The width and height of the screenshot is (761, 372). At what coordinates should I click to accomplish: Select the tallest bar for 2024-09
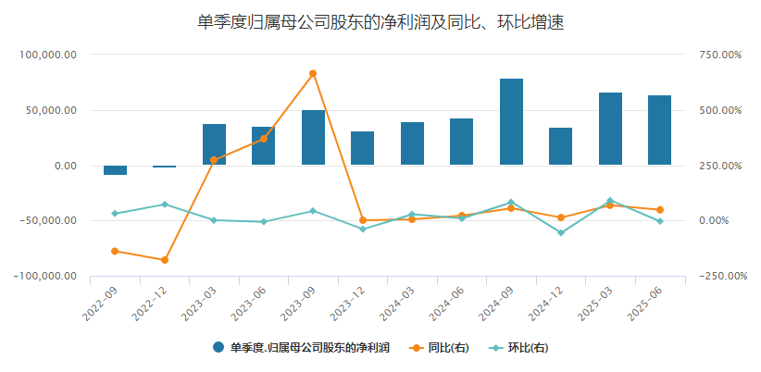click(511, 121)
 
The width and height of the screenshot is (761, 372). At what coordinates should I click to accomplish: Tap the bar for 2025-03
click(610, 129)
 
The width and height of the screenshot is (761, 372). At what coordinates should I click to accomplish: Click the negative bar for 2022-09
click(115, 170)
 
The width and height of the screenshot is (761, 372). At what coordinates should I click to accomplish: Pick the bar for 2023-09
click(313, 137)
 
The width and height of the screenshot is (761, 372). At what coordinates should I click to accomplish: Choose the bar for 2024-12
click(560, 146)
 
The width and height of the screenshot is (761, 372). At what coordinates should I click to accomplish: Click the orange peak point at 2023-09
click(313, 73)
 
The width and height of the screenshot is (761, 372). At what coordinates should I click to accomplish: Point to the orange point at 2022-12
click(165, 260)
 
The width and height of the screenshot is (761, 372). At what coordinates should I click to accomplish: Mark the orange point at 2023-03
click(214, 160)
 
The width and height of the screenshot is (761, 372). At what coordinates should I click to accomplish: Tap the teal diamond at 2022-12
click(165, 205)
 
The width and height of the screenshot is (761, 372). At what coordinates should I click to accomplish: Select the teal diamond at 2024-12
click(560, 232)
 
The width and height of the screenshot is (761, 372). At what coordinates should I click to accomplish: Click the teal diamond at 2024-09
click(511, 203)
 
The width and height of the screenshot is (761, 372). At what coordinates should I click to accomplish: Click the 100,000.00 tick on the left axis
click(48, 55)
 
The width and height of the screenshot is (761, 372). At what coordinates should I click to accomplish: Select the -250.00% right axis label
click(719, 276)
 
